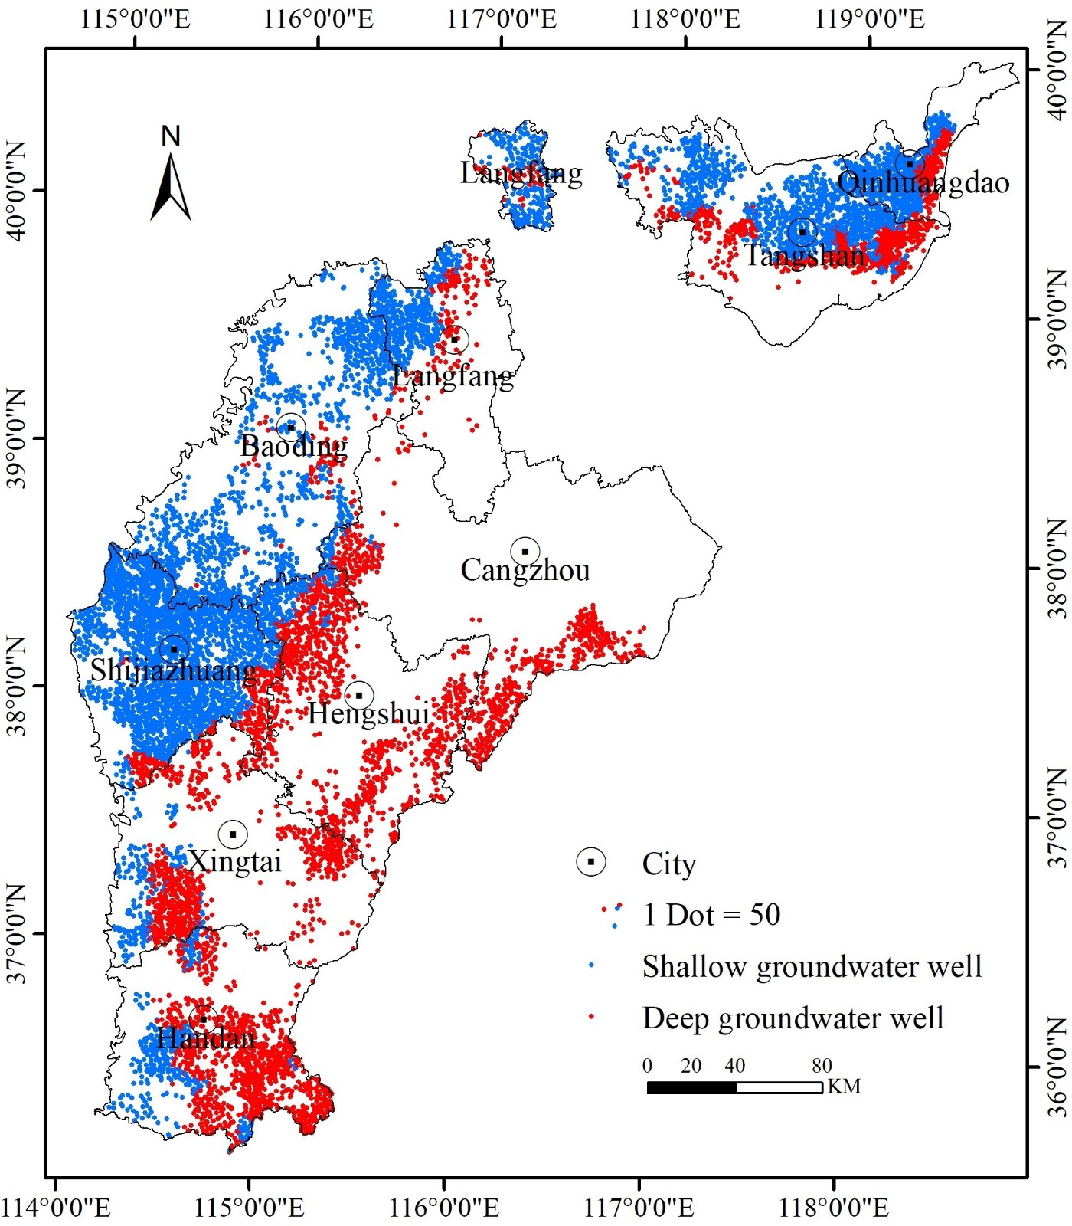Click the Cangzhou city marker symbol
[525, 552]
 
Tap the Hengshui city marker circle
[359, 696]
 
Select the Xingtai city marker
[233, 834]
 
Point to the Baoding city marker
[291, 428]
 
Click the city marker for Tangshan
[802, 231]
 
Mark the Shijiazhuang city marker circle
[175, 649]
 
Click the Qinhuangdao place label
[923, 182]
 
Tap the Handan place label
[205, 1038]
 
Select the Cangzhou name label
[525, 570]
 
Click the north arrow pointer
[171, 188]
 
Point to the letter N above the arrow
[171, 136]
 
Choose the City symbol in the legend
[590, 862]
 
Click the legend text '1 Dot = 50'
[711, 915]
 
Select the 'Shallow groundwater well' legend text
[812, 967]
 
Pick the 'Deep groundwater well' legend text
[793, 1018]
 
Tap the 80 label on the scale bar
[822, 1066]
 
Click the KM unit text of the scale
[844, 1087]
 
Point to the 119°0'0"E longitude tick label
[869, 18]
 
